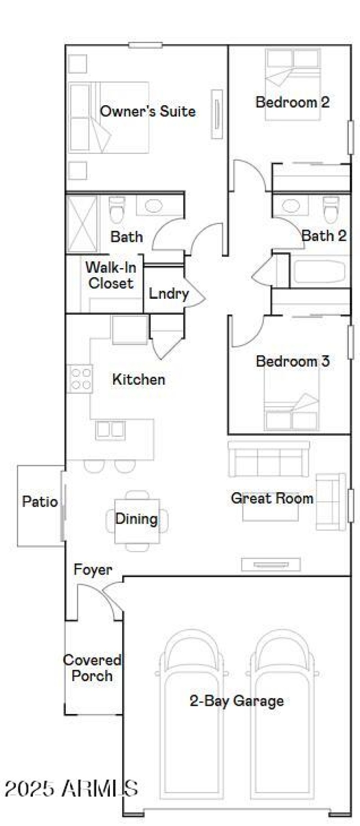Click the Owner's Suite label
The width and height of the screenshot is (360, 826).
[148, 111]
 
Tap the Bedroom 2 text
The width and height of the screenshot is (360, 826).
[292, 102]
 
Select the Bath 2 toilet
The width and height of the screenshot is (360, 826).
[331, 210]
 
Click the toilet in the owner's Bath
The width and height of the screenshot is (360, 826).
[117, 210]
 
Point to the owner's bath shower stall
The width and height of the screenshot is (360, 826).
[81, 224]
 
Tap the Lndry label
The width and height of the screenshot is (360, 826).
[168, 294]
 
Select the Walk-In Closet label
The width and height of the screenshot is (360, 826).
[111, 275]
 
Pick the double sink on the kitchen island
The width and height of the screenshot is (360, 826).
[110, 430]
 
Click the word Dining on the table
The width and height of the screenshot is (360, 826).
[136, 519]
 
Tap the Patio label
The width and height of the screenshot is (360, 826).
[40, 502]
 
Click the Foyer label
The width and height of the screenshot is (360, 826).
[93, 570]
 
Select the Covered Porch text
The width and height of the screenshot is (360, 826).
[92, 668]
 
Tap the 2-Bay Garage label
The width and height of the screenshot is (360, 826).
[237, 701]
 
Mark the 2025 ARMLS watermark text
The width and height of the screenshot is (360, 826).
[71, 789]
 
